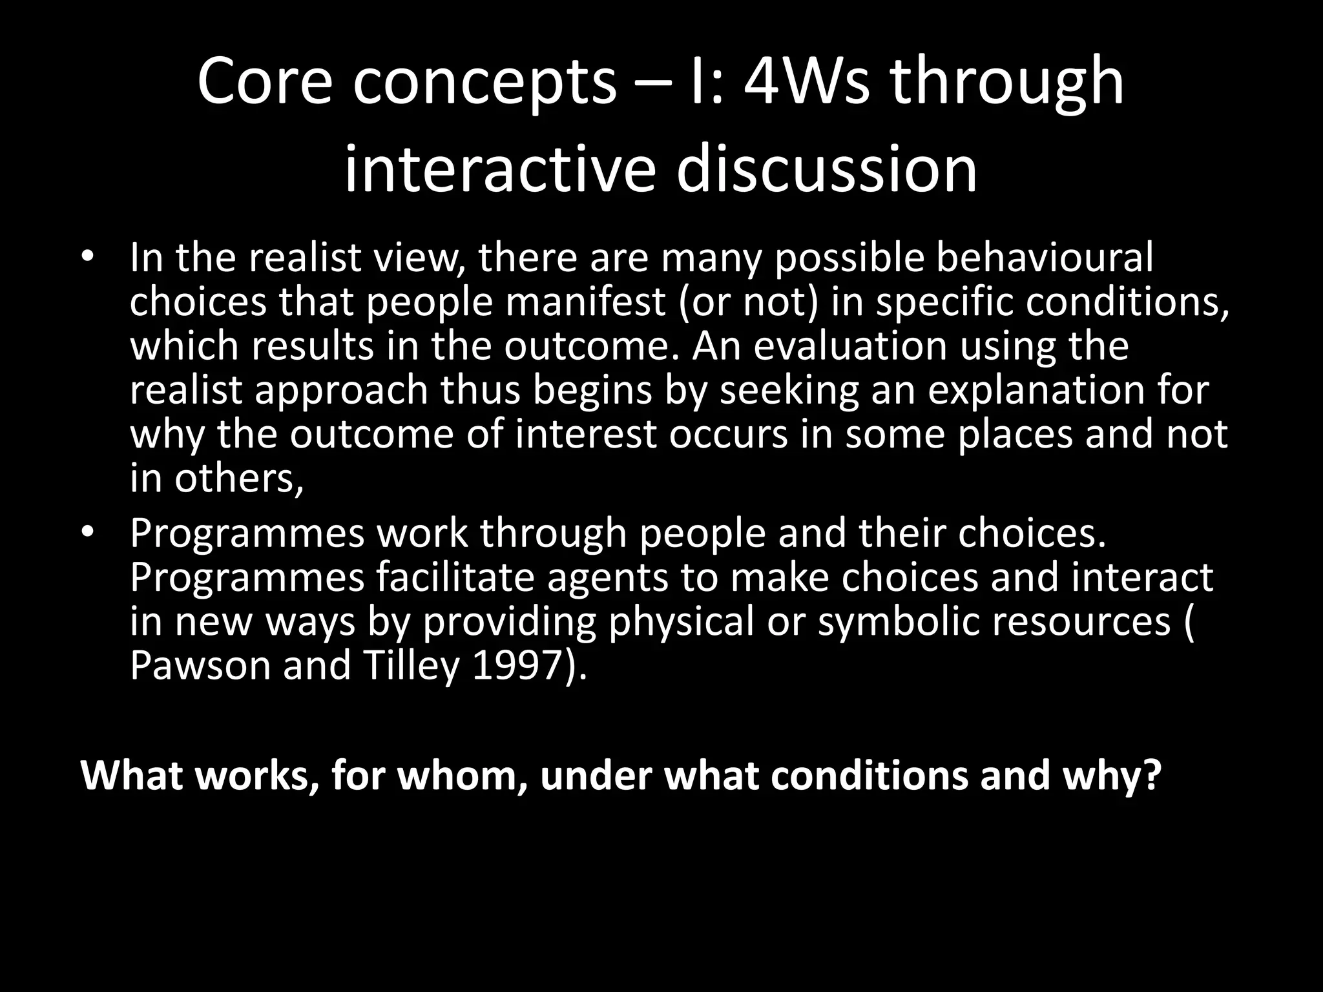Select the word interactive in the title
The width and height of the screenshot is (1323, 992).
point(499,170)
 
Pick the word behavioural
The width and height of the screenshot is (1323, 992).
point(1045,258)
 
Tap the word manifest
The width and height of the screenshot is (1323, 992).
point(585,302)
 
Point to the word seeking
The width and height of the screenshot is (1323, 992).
point(789,391)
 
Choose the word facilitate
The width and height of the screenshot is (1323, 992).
point(455,577)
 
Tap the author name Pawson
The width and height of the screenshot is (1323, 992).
point(200,665)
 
